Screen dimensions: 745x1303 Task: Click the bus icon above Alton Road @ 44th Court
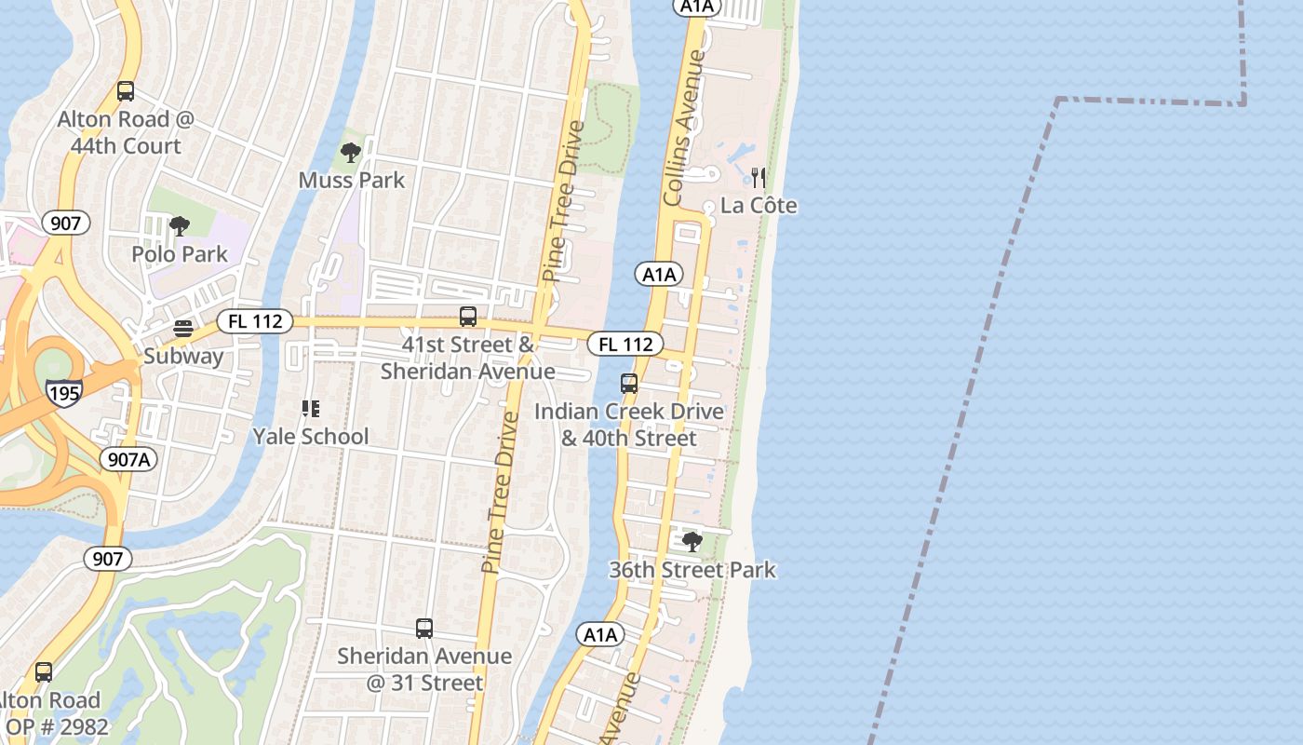[x=126, y=91]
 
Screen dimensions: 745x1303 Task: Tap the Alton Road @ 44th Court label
[x=126, y=132]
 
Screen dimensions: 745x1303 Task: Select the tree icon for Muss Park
[x=351, y=152]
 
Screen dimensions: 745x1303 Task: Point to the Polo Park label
[x=180, y=253]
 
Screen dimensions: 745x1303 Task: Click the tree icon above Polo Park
[x=180, y=225]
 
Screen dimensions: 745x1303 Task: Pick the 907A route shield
[x=128, y=459]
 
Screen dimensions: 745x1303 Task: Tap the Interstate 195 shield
[x=64, y=392]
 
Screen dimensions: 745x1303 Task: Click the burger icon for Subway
[x=183, y=329]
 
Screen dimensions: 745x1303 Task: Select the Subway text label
[x=183, y=356]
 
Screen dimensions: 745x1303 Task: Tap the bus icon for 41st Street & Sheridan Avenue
[x=468, y=317]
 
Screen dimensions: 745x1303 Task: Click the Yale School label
[x=311, y=436]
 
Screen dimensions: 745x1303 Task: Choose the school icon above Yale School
[x=311, y=408]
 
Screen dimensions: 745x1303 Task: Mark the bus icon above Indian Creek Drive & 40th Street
[x=629, y=383]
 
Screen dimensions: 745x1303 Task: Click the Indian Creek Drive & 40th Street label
[x=629, y=425]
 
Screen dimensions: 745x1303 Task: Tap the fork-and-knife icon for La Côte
[x=759, y=177]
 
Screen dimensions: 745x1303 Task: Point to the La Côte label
[x=759, y=205]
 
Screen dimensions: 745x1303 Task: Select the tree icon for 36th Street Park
[x=692, y=541]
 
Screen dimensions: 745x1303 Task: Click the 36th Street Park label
[x=692, y=569]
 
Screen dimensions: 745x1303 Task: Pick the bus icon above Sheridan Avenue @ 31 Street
[x=424, y=629]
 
